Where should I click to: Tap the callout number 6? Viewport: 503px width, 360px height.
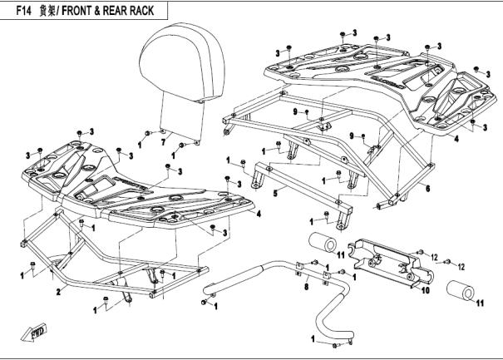click(x=427, y=189)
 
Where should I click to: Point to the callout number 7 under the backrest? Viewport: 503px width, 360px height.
click(x=163, y=141)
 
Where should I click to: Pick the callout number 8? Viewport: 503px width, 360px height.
click(x=305, y=286)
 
